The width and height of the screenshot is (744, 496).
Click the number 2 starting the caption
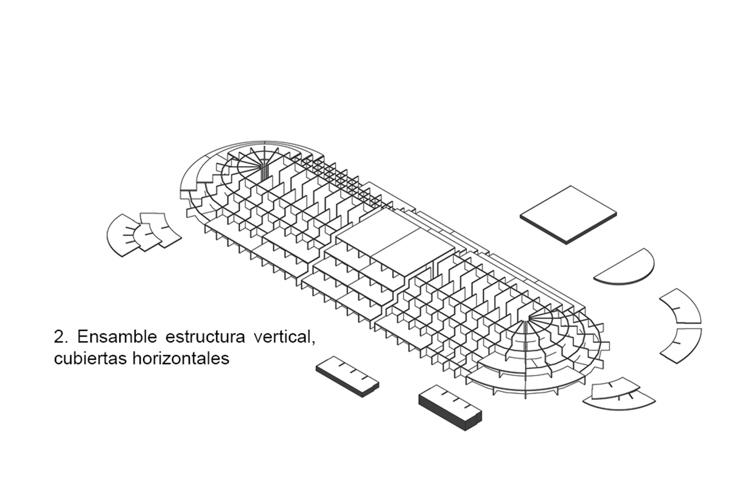[x=59, y=337]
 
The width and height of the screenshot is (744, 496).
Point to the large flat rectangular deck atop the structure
[x=395, y=242]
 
